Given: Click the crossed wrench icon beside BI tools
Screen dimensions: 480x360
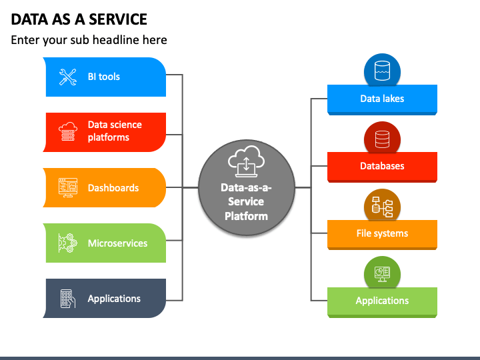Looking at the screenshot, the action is (x=67, y=77).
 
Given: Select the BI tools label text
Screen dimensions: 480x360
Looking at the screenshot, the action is (x=104, y=77).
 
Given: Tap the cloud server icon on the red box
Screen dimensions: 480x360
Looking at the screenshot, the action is (x=67, y=131).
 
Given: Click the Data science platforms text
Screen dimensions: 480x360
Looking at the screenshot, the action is (x=115, y=131).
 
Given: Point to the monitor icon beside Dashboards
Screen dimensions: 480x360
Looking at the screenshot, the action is (x=67, y=187).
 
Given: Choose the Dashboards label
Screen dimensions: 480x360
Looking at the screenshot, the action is (x=113, y=187).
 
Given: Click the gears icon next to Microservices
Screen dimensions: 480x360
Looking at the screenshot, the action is (x=67, y=243).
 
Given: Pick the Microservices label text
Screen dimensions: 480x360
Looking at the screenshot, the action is (x=117, y=243).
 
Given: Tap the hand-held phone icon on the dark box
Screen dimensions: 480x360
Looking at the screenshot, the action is (x=67, y=299).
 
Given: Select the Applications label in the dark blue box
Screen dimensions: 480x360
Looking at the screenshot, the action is (x=114, y=299).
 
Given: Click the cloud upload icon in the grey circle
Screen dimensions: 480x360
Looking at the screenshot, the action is (x=246, y=161).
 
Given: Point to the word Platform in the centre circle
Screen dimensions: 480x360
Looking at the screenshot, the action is (x=246, y=216).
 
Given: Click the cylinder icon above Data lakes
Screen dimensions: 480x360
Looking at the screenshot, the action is (x=383, y=71).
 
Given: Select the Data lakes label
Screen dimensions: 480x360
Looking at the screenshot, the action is (x=382, y=99).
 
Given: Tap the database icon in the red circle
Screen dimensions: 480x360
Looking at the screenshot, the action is (x=383, y=139).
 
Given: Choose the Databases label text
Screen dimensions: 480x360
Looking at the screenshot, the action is (x=382, y=166).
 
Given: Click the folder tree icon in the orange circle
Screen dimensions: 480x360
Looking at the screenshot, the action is (x=383, y=207).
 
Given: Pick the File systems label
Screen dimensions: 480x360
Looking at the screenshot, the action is (x=382, y=233).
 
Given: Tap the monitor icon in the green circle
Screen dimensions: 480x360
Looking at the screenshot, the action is (x=383, y=274).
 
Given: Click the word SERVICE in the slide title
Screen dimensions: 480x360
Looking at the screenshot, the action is (x=118, y=19).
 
